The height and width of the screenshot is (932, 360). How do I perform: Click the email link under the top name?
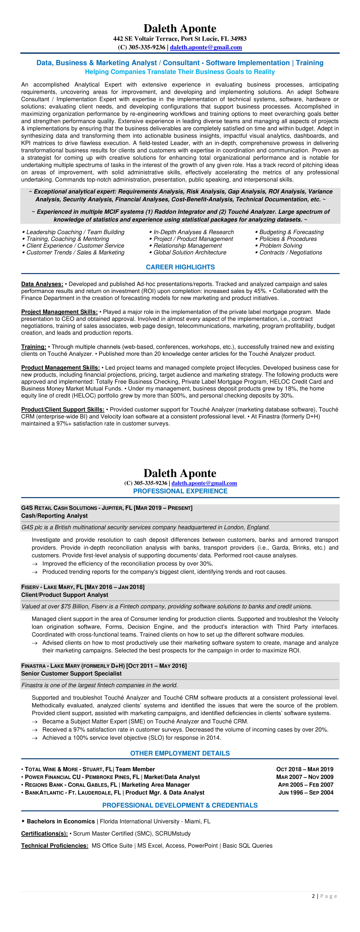pyautogui.click(x=206, y=47)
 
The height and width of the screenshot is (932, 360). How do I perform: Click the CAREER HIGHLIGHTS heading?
pyautogui.click(x=180, y=267)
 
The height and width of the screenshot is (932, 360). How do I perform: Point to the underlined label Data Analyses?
pyautogui.click(x=42, y=284)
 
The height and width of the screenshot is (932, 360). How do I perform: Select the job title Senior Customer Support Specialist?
pyautogui.click(x=71, y=674)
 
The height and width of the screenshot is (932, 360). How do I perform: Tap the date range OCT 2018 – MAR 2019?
pyautogui.click(x=305, y=769)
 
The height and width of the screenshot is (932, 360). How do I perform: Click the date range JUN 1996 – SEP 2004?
pyautogui.click(x=306, y=793)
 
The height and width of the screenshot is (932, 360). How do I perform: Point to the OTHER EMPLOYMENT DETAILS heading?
pyautogui.click(x=180, y=753)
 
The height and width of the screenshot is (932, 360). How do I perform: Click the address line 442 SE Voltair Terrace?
pyautogui.click(x=180, y=39)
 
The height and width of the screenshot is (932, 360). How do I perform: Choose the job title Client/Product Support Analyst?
pyautogui.click(x=64, y=595)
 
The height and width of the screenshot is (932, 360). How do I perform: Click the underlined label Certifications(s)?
pyautogui.click(x=44, y=834)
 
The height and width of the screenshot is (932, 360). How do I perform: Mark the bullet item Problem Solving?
pyautogui.click(x=280, y=246)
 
